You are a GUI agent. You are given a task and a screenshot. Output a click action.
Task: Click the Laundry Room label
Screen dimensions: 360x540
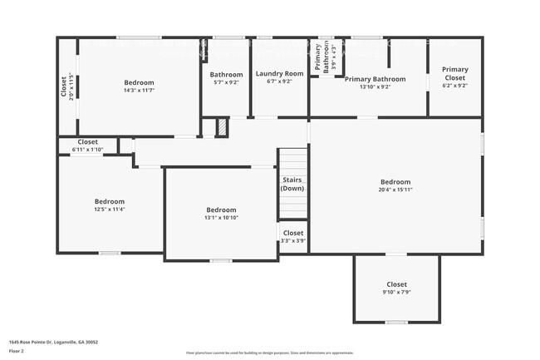click(279, 73)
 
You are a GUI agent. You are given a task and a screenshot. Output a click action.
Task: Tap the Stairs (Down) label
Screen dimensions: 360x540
click(292, 184)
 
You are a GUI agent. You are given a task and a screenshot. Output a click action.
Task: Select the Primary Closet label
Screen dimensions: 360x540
click(454, 73)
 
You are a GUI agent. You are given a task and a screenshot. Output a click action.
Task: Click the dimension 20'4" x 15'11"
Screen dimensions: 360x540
click(395, 190)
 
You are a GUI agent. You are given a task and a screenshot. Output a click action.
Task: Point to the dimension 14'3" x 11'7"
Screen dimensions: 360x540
click(139, 91)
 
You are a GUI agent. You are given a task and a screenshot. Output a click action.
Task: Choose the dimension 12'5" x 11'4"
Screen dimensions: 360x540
click(109, 210)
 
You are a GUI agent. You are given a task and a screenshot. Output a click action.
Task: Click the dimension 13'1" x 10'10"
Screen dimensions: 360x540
click(221, 218)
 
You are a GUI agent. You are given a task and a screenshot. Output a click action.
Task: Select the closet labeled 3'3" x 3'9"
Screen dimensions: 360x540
click(292, 237)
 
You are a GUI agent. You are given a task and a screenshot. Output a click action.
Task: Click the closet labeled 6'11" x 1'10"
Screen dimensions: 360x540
click(87, 145)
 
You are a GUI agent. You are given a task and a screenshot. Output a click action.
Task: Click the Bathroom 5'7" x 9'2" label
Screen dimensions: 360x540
click(226, 78)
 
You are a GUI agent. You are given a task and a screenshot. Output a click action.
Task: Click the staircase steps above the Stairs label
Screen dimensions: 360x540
click(292, 161)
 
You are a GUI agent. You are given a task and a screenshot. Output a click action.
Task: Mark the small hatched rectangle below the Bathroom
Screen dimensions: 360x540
click(222, 127)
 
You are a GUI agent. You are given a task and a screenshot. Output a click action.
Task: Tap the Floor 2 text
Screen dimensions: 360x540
click(17, 348)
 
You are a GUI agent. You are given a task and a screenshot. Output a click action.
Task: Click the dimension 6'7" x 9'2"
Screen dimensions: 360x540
click(279, 81)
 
